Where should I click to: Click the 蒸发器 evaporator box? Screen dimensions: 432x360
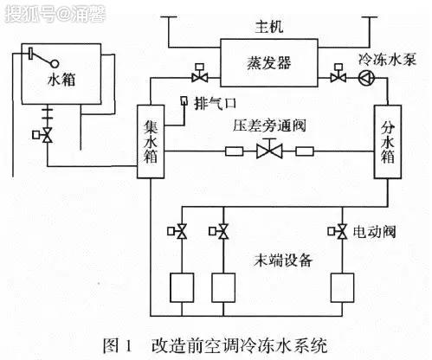click(x=269, y=62)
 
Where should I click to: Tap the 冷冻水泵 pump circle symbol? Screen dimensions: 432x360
click(x=366, y=78)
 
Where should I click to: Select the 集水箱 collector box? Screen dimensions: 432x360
click(x=151, y=141)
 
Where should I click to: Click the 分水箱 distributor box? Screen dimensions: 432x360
click(x=388, y=142)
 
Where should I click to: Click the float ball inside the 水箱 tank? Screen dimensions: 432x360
click(x=55, y=63)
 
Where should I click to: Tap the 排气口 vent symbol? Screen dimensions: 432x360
click(x=184, y=101)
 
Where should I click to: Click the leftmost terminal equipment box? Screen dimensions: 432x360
click(x=182, y=287)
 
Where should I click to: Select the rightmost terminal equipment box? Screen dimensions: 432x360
click(x=342, y=287)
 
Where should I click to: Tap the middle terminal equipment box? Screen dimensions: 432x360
click(x=223, y=287)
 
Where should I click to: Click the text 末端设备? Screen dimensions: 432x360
click(x=283, y=260)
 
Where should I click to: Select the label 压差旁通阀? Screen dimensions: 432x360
click(x=269, y=126)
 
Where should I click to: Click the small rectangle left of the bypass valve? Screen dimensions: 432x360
click(x=234, y=151)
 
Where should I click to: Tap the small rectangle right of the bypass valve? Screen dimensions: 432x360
click(x=305, y=151)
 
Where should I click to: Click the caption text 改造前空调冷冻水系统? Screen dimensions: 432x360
click(x=240, y=345)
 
